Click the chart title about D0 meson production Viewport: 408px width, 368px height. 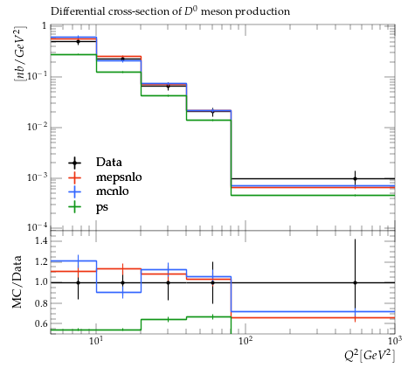click(x=170, y=11)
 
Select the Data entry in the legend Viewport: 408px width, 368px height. click(x=109, y=163)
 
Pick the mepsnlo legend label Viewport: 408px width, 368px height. click(x=119, y=177)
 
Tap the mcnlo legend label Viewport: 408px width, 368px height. click(x=112, y=191)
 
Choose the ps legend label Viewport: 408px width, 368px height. click(x=102, y=207)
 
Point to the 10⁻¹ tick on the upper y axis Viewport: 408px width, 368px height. click(x=37, y=77)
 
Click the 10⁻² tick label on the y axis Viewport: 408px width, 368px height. click(x=37, y=128)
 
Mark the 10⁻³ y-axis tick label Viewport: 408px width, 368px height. click(x=37, y=178)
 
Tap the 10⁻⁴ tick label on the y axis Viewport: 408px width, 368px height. click(x=37, y=227)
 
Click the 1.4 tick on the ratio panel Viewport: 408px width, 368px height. click(x=41, y=241)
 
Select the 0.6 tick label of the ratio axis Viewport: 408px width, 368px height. click(x=41, y=323)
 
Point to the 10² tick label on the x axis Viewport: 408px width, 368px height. click(x=245, y=340)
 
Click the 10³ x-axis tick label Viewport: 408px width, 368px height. click(x=394, y=340)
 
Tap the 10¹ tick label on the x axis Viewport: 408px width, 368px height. click(x=96, y=340)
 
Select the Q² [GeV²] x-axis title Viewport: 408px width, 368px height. click(x=370, y=356)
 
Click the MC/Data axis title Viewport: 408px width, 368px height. click(x=17, y=281)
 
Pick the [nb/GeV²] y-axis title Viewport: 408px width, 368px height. click(x=20, y=53)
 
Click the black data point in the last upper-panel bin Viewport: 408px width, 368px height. click(x=355, y=178)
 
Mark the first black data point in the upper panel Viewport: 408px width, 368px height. click(x=78, y=41)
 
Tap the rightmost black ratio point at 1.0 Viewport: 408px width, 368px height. click(x=355, y=282)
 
